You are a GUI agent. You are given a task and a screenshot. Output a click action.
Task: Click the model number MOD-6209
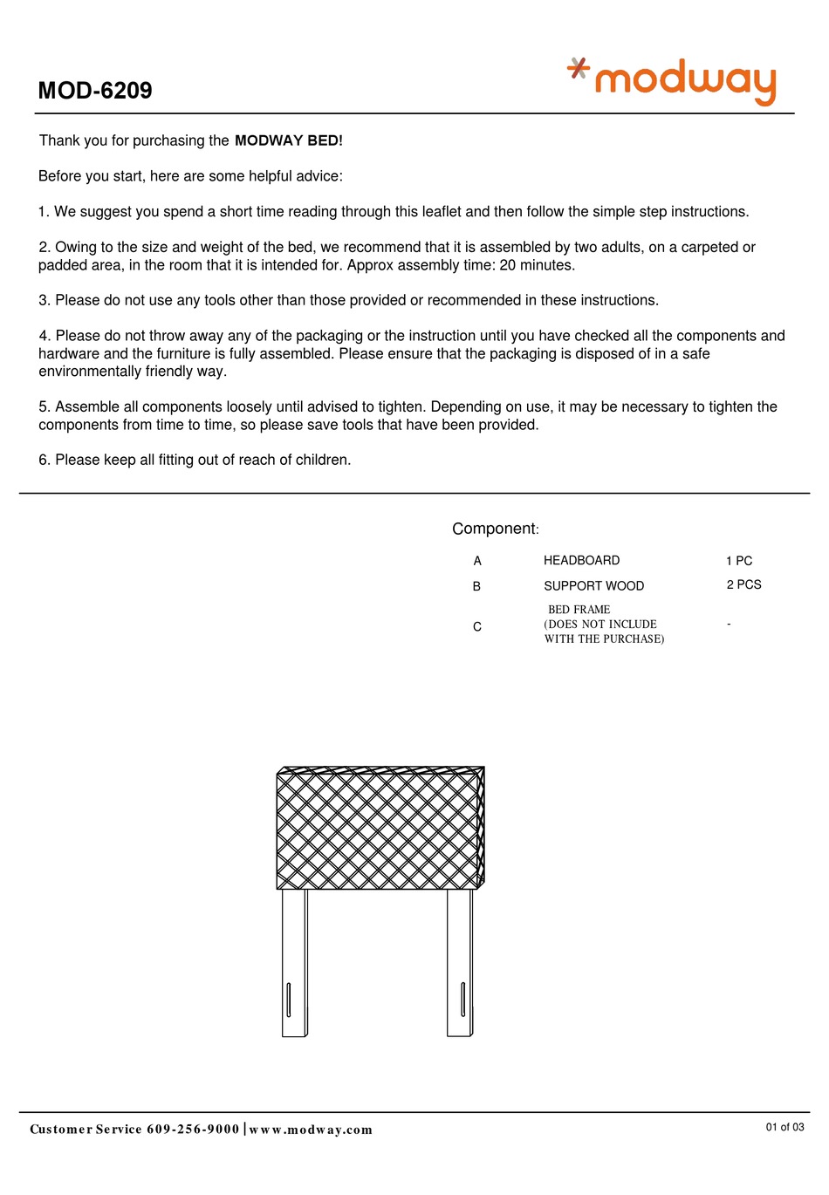click(95, 91)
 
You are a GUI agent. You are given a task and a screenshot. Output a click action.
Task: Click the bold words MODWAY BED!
click(289, 140)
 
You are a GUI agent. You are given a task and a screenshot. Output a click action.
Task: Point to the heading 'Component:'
click(495, 529)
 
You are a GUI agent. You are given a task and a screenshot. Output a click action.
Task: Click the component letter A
click(477, 561)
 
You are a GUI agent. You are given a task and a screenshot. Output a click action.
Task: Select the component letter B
click(476, 586)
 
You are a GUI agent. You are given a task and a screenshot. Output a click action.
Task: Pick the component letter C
click(477, 626)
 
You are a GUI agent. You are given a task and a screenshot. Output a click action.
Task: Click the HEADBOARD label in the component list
click(581, 560)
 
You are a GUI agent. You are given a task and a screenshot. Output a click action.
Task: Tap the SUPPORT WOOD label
click(593, 586)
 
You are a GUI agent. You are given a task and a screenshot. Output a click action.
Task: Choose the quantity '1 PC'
click(738, 561)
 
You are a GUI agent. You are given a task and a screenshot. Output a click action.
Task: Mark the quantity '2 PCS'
click(743, 584)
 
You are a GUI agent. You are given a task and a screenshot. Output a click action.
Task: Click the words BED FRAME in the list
click(579, 610)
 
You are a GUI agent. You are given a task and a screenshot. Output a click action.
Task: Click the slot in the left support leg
click(289, 999)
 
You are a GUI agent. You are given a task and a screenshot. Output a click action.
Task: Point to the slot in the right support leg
click(462, 999)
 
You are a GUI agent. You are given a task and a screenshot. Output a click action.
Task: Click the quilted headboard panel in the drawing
click(378, 830)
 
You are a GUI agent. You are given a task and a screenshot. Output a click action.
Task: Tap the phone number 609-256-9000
click(193, 1129)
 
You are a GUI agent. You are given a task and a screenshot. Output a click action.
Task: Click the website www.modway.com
click(311, 1130)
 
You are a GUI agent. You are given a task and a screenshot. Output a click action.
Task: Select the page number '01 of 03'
click(784, 1127)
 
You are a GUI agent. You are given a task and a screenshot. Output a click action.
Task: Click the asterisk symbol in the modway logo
click(578, 67)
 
